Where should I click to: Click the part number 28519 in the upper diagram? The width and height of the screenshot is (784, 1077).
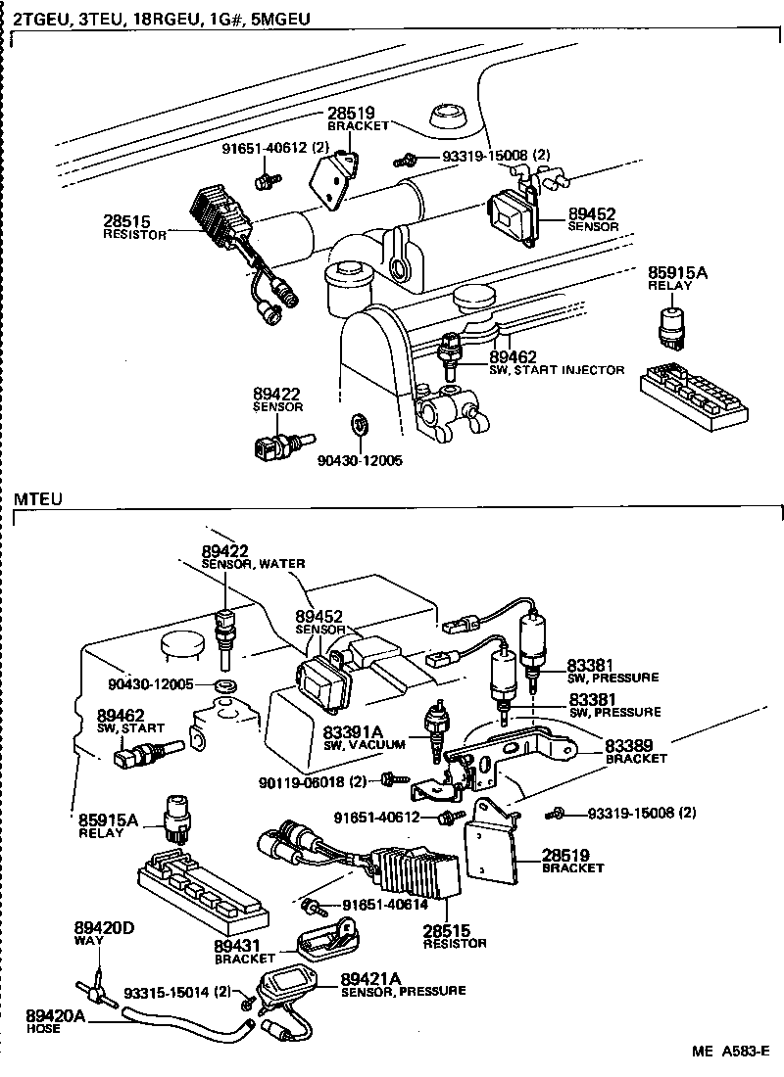coord(352,114)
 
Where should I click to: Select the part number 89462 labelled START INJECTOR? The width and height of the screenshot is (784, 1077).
coord(511,357)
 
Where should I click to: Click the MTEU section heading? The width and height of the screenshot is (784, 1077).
coord(37,499)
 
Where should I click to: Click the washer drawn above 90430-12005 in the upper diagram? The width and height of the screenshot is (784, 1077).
coord(359,426)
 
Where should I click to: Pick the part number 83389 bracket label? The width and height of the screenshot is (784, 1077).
coord(628,746)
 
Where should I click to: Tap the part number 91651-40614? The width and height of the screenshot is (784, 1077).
coord(385,907)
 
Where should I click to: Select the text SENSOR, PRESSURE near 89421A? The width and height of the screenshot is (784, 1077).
coord(403,991)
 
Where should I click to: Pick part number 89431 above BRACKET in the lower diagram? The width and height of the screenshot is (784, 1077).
coord(237,946)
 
